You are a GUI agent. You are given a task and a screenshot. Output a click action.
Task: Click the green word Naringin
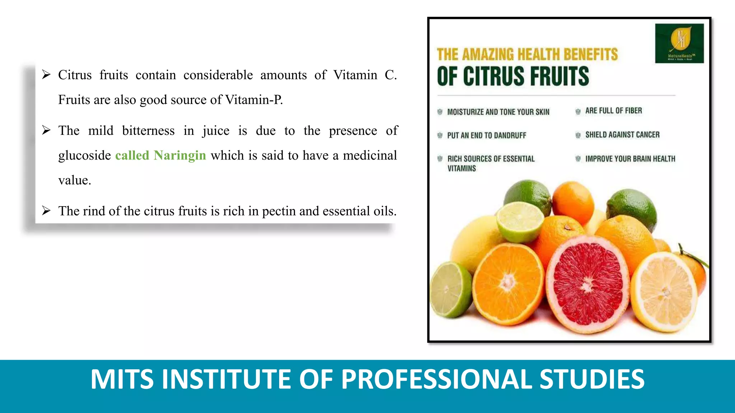coord(180,156)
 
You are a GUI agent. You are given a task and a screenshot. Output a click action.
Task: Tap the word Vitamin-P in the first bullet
coord(254,100)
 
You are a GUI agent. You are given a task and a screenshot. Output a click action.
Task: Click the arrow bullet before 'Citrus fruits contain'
coord(46,75)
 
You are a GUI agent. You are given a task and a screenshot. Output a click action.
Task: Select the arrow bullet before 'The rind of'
coord(46,210)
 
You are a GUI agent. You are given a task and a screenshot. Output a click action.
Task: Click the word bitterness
coord(148,130)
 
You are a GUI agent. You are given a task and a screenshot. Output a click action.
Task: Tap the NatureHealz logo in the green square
coord(679,43)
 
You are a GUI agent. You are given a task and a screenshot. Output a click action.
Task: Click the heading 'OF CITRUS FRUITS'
coord(513,76)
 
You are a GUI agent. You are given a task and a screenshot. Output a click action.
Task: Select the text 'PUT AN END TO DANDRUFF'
coord(486,136)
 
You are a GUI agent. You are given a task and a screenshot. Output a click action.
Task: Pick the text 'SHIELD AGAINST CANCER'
coord(622,135)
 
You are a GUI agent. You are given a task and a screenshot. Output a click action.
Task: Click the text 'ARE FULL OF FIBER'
coord(613,111)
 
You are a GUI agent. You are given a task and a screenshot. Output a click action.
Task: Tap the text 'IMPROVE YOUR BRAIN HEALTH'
coord(630,159)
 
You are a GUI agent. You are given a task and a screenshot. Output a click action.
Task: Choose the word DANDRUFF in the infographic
coord(510,136)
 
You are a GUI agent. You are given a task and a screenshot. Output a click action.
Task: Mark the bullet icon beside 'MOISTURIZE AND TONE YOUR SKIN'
coord(440,112)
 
